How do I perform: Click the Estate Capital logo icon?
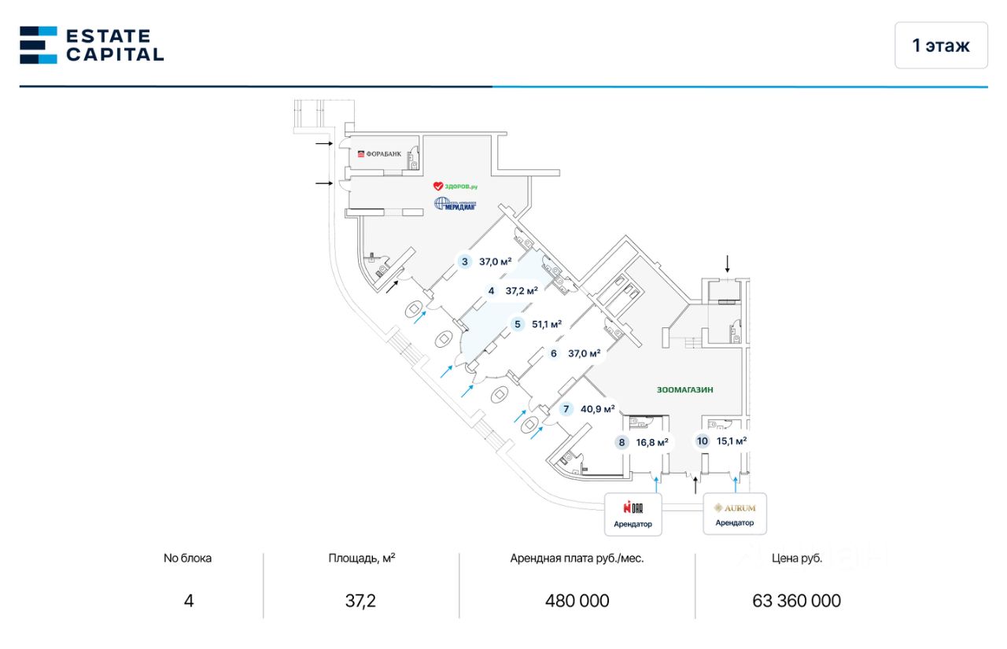[39, 45]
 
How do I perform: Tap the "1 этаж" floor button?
[941, 46]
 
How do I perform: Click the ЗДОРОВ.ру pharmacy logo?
[456, 186]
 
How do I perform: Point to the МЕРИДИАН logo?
[456, 205]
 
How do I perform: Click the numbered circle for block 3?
[465, 262]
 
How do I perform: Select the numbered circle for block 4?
[492, 291]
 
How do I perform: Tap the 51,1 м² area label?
[547, 323]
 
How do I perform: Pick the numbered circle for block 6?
[554, 354]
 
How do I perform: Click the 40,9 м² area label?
[598, 409]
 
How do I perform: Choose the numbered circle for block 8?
[622, 442]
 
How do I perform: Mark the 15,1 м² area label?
[732, 441]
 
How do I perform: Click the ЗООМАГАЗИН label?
[690, 389]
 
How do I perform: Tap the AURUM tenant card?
[734, 514]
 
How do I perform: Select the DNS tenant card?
[633, 514]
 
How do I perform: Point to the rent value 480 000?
[577, 601]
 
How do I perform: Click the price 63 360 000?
[796, 601]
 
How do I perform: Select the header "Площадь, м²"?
[361, 559]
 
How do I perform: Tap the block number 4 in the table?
[188, 601]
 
